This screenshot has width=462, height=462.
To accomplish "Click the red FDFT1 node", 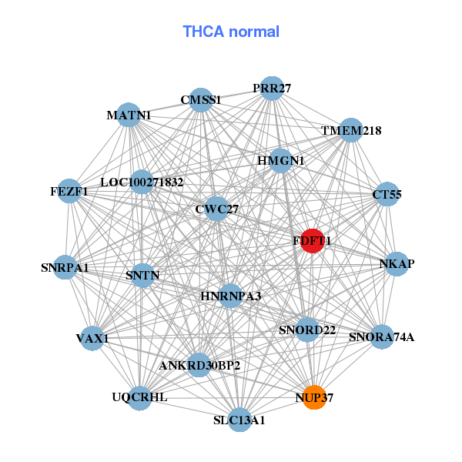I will [x=312, y=241].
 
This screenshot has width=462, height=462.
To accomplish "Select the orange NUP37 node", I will [x=314, y=398].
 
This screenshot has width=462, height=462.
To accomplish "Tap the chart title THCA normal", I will [x=231, y=32].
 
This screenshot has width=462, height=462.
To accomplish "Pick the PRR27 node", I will [x=271, y=89].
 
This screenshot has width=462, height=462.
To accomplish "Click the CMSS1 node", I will [x=201, y=100].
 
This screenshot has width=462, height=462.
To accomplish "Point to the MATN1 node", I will [x=129, y=115].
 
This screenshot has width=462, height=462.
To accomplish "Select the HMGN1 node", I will [x=281, y=161].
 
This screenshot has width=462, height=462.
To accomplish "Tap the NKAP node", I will [x=397, y=264].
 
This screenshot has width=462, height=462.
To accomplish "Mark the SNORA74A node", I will [x=382, y=336].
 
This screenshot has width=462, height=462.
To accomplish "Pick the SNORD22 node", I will [x=307, y=330].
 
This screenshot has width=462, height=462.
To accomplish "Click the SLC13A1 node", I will [x=239, y=420].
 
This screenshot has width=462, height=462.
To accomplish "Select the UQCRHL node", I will [x=139, y=397].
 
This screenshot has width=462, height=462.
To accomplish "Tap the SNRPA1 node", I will [x=65, y=268].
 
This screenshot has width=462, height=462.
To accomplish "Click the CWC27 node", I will [x=217, y=209].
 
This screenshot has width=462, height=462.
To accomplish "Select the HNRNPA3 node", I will [x=230, y=296].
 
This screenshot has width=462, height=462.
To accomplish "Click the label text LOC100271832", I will [x=142, y=182].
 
